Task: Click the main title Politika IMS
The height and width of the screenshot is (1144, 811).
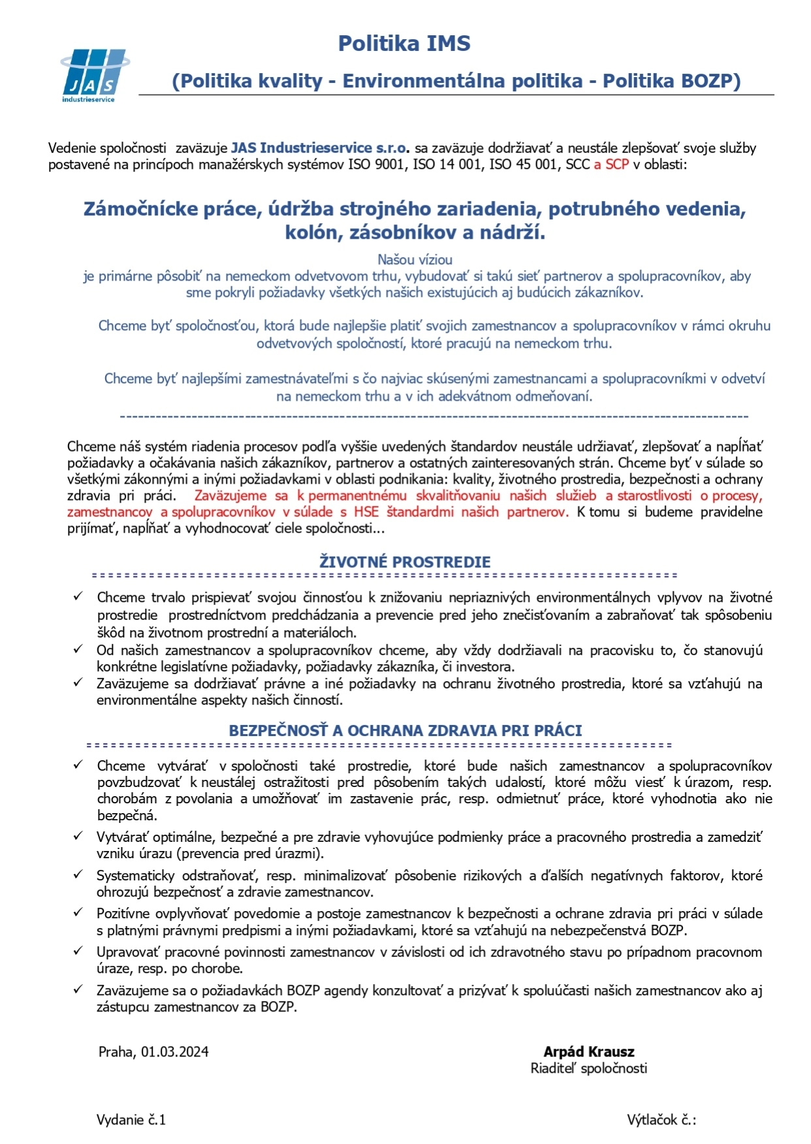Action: tap(404, 44)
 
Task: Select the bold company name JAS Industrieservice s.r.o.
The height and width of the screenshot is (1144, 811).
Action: tap(320, 148)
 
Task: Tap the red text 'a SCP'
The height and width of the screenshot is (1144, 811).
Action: tap(611, 164)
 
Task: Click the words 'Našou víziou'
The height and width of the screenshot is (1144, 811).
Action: tap(415, 260)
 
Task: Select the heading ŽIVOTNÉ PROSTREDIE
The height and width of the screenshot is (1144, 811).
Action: tap(405, 562)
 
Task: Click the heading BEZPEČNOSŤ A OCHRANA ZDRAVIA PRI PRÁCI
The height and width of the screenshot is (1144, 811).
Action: tap(405, 731)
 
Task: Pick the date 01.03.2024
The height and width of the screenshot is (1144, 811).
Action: tap(175, 1052)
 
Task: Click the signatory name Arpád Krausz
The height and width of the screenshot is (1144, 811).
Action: tap(589, 1052)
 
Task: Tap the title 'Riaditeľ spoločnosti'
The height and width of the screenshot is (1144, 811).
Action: tap(589, 1068)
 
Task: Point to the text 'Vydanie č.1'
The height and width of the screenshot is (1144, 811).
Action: tap(131, 1120)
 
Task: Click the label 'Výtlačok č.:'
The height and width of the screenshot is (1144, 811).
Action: tap(661, 1120)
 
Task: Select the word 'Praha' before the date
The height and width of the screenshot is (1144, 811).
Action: tap(116, 1052)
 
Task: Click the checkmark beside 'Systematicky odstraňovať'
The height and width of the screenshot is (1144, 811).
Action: tap(78, 874)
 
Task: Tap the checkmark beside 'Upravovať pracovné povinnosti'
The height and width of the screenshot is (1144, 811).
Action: tap(78, 951)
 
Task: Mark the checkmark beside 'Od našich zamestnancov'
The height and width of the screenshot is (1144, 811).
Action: tap(78, 649)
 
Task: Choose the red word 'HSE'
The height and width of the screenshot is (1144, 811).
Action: tap(366, 512)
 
